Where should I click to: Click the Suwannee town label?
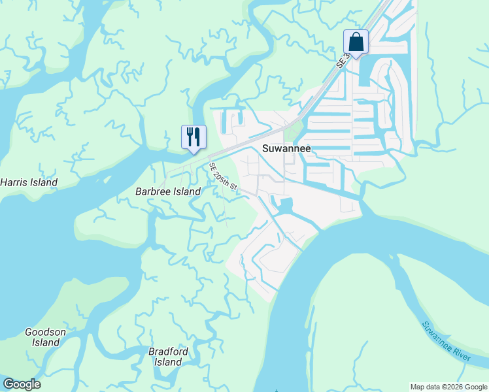(x=286, y=148)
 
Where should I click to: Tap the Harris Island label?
(x=29, y=182)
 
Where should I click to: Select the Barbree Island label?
(x=167, y=191)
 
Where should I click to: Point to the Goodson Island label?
(x=45, y=337)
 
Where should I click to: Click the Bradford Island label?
(x=168, y=357)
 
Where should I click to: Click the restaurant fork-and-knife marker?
(x=194, y=137)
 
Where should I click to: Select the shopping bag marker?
(x=356, y=42)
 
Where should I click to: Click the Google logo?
(x=22, y=384)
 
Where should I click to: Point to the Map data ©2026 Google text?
(x=448, y=387)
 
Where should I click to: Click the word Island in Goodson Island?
(x=46, y=342)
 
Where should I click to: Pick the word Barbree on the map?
(x=152, y=191)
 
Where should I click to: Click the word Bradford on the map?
(x=168, y=351)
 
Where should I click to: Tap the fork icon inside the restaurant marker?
(x=190, y=137)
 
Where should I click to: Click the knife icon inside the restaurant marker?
(x=197, y=137)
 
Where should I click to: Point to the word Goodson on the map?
(x=45, y=332)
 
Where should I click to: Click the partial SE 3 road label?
(x=343, y=60)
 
